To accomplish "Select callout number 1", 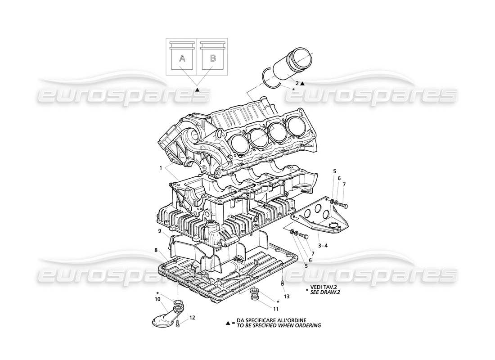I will [x=160, y=168].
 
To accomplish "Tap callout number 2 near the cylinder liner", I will [x=297, y=83].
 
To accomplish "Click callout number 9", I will [x=160, y=231].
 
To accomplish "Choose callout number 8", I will [x=156, y=250].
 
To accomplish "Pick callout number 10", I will [x=158, y=299].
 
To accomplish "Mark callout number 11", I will [x=275, y=309].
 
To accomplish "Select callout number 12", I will [x=192, y=318].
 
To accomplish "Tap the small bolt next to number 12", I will [x=179, y=323].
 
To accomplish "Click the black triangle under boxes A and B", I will [x=197, y=90].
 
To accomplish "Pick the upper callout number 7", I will [x=344, y=184].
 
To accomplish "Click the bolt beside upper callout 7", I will [x=343, y=206].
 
